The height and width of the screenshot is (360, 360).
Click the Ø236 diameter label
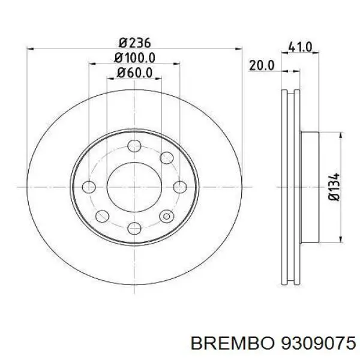tap(134, 43)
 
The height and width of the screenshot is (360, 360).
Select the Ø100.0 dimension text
tap(135, 58)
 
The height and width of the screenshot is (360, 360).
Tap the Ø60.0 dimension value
tap(135, 73)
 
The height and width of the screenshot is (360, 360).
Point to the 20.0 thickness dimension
tap(262, 65)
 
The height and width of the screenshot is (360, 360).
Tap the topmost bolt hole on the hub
tap(135, 145)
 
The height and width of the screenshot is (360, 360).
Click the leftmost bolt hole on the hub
tap(89, 187)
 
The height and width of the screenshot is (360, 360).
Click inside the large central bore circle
tap(134, 186)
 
